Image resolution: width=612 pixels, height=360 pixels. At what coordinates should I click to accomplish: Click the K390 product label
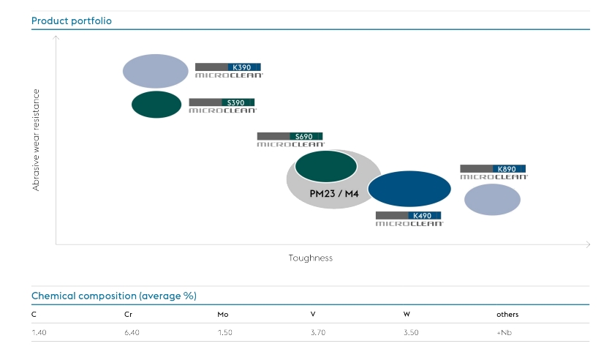point(228,70)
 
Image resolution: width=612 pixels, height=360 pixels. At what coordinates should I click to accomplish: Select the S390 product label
point(222,106)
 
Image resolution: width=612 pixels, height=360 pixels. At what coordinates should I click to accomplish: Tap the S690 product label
point(290,140)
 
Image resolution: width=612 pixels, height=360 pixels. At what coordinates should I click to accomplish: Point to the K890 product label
point(494,172)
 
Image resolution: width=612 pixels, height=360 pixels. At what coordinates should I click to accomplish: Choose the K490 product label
point(409,219)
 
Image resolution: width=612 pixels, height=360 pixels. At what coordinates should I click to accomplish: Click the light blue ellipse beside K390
point(156,71)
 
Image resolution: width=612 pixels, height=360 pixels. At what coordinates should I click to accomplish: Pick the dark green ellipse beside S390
point(156,105)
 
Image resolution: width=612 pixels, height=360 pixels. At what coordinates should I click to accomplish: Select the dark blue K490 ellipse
point(409,189)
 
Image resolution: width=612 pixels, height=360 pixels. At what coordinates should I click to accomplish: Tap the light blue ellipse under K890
point(493,199)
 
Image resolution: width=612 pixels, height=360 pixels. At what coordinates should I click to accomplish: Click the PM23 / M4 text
point(335,194)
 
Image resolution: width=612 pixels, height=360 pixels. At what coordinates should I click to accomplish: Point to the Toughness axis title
point(310,258)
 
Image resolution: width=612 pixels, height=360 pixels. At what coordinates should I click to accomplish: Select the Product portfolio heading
point(71,20)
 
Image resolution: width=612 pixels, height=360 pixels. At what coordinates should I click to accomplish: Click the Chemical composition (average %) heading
point(113,296)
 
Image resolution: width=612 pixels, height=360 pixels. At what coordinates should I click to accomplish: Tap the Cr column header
point(129,315)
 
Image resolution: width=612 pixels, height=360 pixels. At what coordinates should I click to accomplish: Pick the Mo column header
point(222,315)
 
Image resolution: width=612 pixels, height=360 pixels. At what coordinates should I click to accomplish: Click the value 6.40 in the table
point(132,333)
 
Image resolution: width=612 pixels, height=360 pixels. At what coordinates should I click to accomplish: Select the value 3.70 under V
point(318,333)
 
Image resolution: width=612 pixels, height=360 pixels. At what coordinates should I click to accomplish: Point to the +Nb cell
point(504,333)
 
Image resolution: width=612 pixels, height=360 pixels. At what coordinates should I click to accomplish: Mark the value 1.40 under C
point(39,333)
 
